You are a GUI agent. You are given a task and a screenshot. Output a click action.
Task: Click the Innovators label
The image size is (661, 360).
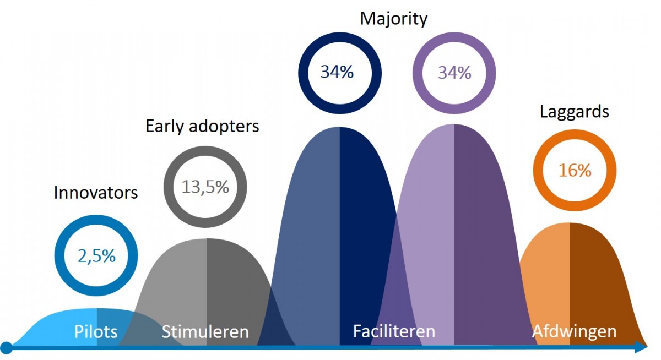[x=96, y=193]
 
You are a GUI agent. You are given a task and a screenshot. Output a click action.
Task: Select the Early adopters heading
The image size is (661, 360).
[x=202, y=126]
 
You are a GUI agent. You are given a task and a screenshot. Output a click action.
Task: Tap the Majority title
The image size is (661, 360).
[x=393, y=19]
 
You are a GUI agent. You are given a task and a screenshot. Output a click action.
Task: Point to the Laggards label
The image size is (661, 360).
[x=575, y=112]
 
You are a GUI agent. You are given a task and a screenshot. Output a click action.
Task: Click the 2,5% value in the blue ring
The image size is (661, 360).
[x=96, y=256]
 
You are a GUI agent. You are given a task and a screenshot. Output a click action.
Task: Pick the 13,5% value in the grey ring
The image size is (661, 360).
[x=205, y=187]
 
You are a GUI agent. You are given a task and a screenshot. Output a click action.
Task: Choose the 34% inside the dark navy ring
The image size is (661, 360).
[x=337, y=72]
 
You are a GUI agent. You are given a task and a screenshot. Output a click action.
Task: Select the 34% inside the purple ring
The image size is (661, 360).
[x=454, y=72]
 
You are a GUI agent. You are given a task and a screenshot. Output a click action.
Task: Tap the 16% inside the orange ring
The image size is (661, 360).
[x=575, y=170]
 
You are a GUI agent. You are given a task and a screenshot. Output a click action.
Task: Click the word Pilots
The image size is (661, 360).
[x=96, y=332]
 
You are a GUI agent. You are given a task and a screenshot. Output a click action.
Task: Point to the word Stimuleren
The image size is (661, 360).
[x=205, y=332]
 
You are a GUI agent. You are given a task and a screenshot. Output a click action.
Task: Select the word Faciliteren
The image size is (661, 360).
[x=394, y=331]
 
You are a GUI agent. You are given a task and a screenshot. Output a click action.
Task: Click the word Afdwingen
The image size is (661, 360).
[x=574, y=331]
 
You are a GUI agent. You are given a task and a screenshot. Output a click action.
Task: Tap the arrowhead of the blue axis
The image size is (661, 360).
[x=641, y=347]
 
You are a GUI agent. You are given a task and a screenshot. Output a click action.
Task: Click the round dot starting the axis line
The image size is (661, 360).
[x=7, y=347]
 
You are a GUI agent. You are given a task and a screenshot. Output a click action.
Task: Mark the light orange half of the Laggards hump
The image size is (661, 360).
[x=545, y=275]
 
